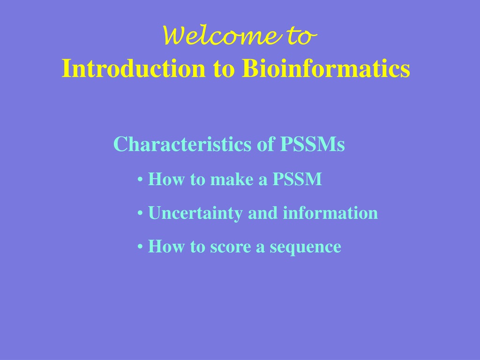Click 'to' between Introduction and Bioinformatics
(x=224, y=69)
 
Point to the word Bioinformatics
(x=326, y=68)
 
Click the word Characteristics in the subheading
(x=182, y=144)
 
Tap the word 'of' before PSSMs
(x=266, y=144)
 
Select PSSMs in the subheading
(x=313, y=144)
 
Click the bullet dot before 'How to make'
(x=140, y=180)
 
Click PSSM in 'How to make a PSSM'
(x=297, y=179)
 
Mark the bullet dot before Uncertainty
(x=140, y=214)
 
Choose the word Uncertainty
(x=195, y=213)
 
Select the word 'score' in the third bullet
(x=230, y=247)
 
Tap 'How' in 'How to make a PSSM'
(x=166, y=179)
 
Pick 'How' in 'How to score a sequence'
(x=166, y=247)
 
